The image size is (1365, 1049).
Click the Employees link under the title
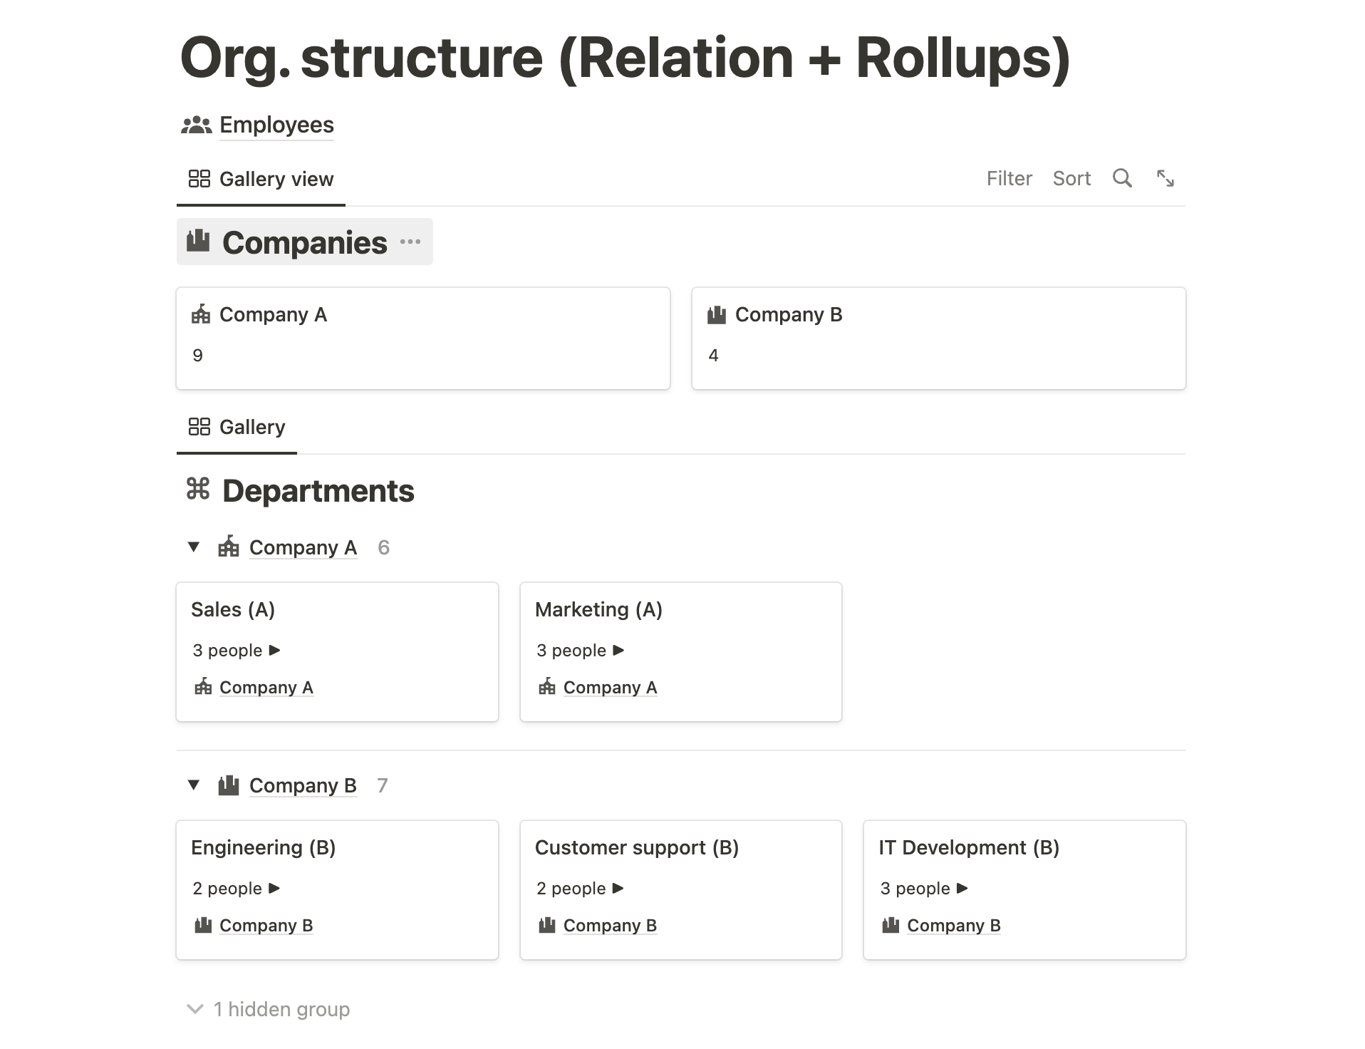(276, 125)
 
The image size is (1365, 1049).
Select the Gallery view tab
(261, 179)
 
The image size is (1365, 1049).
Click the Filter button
(1009, 178)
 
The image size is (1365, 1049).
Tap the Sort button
(1071, 178)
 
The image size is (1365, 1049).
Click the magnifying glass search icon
(1122, 178)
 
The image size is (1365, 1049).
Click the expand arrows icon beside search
(1166, 178)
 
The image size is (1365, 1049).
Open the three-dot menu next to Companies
(410, 242)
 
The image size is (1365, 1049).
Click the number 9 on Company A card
(198, 356)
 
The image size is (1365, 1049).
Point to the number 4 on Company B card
(713, 356)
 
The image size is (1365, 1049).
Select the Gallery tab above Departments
(237, 427)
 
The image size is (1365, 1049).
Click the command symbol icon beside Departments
(198, 490)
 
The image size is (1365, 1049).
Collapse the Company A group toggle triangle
(194, 547)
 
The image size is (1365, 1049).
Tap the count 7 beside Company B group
(383, 785)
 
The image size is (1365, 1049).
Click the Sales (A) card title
(233, 609)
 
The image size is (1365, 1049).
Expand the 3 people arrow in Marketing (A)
(618, 650)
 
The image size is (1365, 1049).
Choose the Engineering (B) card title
(263, 847)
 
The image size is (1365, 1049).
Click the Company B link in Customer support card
(610, 925)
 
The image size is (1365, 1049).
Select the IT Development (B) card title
(969, 847)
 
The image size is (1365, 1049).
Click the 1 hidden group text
(281, 1009)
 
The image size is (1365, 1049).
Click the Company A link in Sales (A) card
(266, 687)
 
